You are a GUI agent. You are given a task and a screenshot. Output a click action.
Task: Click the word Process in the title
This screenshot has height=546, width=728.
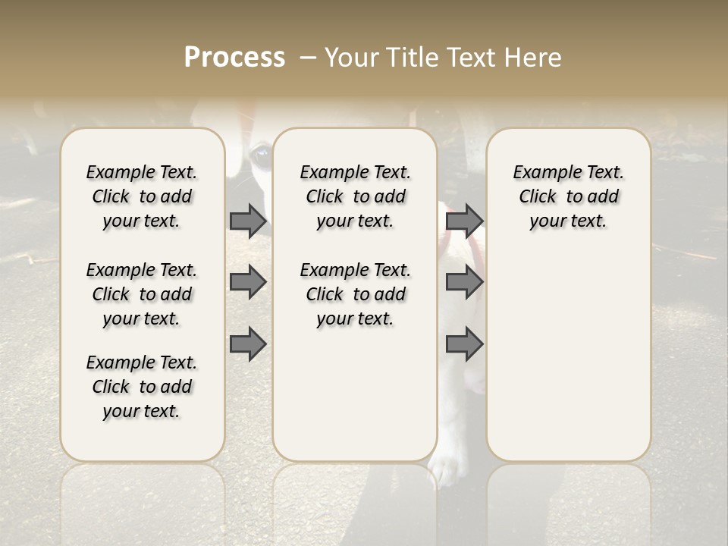tap(234, 58)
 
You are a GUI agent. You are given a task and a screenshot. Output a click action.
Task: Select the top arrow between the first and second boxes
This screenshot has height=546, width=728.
tap(248, 221)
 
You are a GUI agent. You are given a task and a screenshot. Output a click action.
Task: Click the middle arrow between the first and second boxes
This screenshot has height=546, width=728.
tap(248, 283)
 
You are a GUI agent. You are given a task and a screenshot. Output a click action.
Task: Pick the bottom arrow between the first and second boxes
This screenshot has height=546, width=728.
tap(248, 345)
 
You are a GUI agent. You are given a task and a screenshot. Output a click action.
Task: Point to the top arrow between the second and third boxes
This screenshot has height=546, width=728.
tap(464, 221)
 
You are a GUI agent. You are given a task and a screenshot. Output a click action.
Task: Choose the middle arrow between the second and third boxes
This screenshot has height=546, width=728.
tap(464, 283)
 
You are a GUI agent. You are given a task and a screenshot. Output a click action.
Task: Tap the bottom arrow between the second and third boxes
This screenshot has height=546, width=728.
tap(464, 345)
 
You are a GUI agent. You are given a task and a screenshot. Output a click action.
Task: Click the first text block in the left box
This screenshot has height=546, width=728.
tap(142, 196)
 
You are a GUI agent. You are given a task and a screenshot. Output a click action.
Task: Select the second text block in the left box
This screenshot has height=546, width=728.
tap(142, 294)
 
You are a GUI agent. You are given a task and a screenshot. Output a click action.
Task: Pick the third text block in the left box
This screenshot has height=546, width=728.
tap(142, 387)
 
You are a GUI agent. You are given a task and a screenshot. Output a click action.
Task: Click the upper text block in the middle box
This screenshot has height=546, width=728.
tap(356, 196)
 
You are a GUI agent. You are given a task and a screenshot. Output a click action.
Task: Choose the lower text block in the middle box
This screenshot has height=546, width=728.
tap(356, 294)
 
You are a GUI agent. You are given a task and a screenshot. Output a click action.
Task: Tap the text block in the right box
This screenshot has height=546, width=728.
tap(569, 196)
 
